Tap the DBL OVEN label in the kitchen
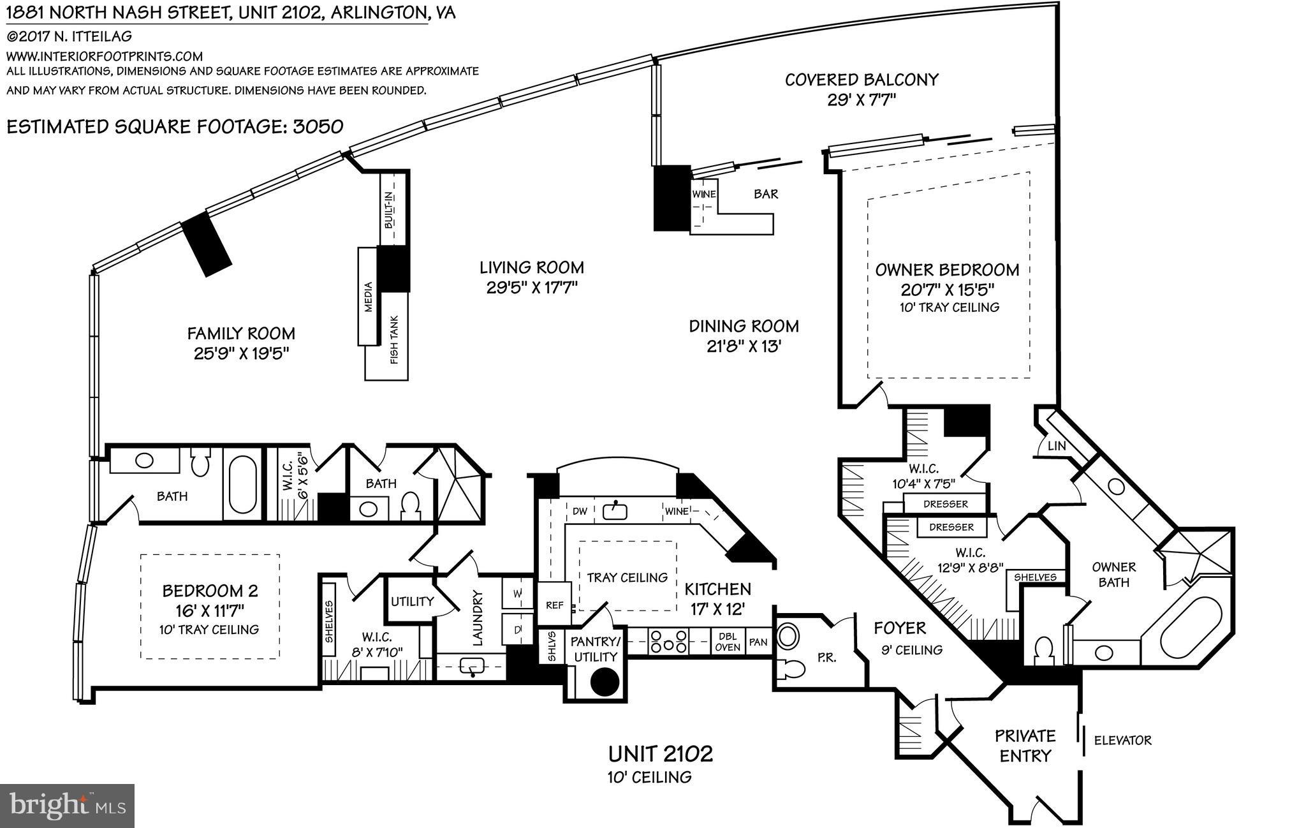[x=728, y=642]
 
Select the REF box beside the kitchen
[x=554, y=605]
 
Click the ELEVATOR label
[x=1122, y=741]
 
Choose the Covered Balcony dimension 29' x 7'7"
[x=862, y=100]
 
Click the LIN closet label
[x=1057, y=446]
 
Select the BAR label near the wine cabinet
[x=765, y=194]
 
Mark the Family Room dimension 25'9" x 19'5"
[x=242, y=353]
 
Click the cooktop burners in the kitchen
[x=668, y=642]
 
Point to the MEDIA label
[x=368, y=297]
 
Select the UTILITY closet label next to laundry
[x=412, y=601]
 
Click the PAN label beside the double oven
[x=758, y=642]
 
